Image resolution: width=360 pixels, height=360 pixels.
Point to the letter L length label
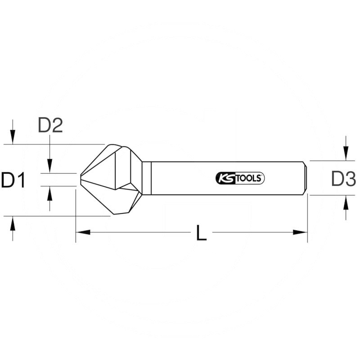click(x=201, y=233)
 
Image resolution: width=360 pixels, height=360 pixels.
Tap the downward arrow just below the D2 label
click(x=50, y=164)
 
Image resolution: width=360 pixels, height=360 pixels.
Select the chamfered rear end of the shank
click(x=306, y=178)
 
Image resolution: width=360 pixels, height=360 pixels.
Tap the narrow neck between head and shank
click(x=146, y=178)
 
